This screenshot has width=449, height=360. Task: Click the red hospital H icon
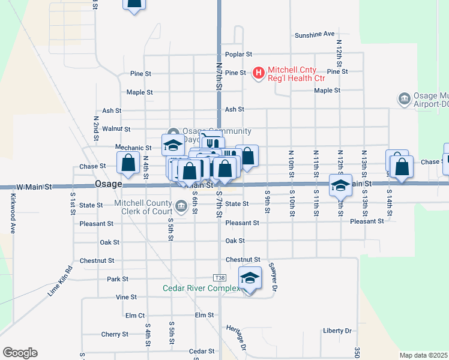259,73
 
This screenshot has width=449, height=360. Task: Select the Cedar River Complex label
202,288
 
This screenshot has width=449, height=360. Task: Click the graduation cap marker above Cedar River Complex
250,278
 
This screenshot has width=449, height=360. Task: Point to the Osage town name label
109,184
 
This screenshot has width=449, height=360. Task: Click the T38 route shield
219,278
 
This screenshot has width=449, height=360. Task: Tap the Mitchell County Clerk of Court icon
180,208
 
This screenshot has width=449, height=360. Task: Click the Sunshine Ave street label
315,35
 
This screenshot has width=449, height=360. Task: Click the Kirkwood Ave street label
11,213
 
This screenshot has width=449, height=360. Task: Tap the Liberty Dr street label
337,331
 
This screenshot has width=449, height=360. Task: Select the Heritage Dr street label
237,338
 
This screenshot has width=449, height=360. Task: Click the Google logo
20,353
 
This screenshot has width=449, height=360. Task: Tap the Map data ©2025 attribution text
423,355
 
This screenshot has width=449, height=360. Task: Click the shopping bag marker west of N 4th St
128,162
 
